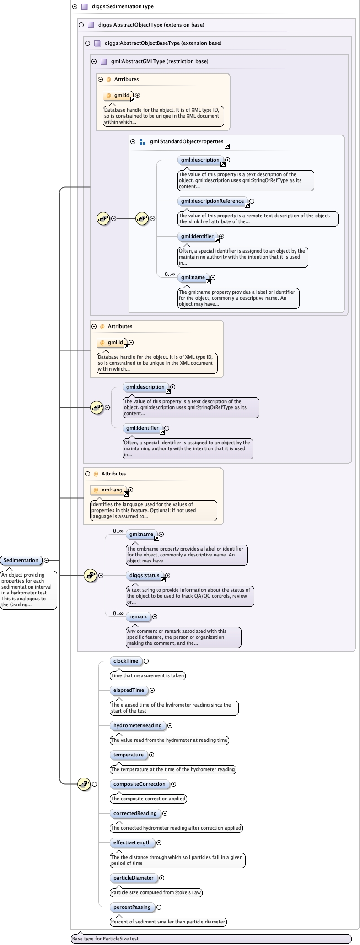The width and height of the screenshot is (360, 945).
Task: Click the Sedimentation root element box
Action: pos(21,560)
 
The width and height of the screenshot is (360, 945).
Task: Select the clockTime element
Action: pos(125,661)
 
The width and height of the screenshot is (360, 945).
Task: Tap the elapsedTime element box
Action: pos(129,690)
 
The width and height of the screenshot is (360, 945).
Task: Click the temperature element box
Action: pos(128,755)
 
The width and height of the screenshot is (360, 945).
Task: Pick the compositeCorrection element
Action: pos(139,784)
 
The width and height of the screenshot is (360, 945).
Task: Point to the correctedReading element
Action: pos(135,813)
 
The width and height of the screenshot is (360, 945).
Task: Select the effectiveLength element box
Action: pos(132,842)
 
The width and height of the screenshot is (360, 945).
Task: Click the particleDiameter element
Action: pos(133,878)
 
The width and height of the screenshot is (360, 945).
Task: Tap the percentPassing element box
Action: pos(132,907)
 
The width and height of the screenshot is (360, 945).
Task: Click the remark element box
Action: pos(138,616)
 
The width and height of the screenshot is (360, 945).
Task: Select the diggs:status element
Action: pos(144,575)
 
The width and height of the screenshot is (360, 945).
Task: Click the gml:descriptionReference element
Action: pos(212,201)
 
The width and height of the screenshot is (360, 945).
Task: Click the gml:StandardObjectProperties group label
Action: pos(186,141)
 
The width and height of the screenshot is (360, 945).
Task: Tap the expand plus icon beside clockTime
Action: pos(146,661)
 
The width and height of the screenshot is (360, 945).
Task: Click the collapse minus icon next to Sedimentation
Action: pos(47,560)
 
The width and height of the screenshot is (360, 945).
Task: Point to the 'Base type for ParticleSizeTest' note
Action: pos(105,939)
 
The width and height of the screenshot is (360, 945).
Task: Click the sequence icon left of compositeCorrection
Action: pos(84,784)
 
